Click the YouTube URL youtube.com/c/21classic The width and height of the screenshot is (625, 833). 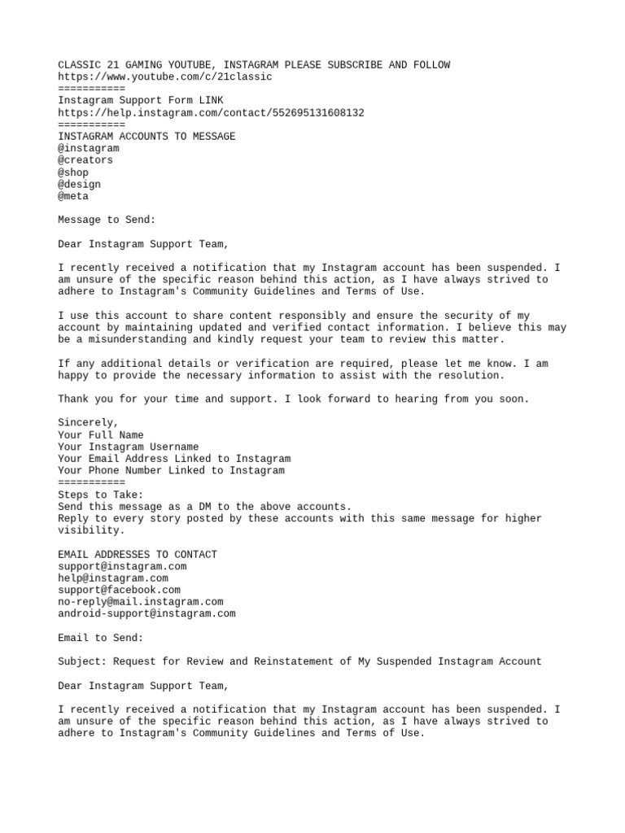pyautogui.click(x=165, y=76)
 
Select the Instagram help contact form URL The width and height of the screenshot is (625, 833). pyautogui.click(x=211, y=113)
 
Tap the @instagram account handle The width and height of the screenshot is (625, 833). pyautogui.click(x=89, y=148)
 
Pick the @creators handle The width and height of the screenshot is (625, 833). pyautogui.click(x=85, y=160)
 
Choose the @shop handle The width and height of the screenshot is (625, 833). pyautogui.click(x=73, y=172)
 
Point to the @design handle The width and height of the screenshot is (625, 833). pyautogui.click(x=80, y=185)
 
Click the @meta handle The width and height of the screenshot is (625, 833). pyautogui.click(x=73, y=196)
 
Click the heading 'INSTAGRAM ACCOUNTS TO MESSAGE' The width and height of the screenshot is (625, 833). pyautogui.click(x=146, y=137)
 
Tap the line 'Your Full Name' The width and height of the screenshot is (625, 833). pyautogui.click(x=101, y=435)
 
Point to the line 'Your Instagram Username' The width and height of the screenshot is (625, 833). pyautogui.click(x=128, y=447)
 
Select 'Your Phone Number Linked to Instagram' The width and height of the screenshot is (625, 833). pyautogui.click(x=171, y=470)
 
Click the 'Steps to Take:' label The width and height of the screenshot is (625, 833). pyautogui.click(x=101, y=495)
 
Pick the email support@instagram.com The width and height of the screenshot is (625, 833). pyautogui.click(x=122, y=566)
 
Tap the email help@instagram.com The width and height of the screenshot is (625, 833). pyautogui.click(x=113, y=578)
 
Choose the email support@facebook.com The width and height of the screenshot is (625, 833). pyautogui.click(x=119, y=590)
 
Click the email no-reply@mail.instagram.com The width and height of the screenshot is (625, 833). pyautogui.click(x=140, y=602)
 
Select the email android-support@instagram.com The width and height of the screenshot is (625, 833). pyautogui.click(x=146, y=613)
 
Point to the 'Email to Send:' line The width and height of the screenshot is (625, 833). pyautogui.click(x=101, y=638)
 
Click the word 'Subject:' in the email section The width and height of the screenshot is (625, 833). pyautogui.click(x=82, y=661)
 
